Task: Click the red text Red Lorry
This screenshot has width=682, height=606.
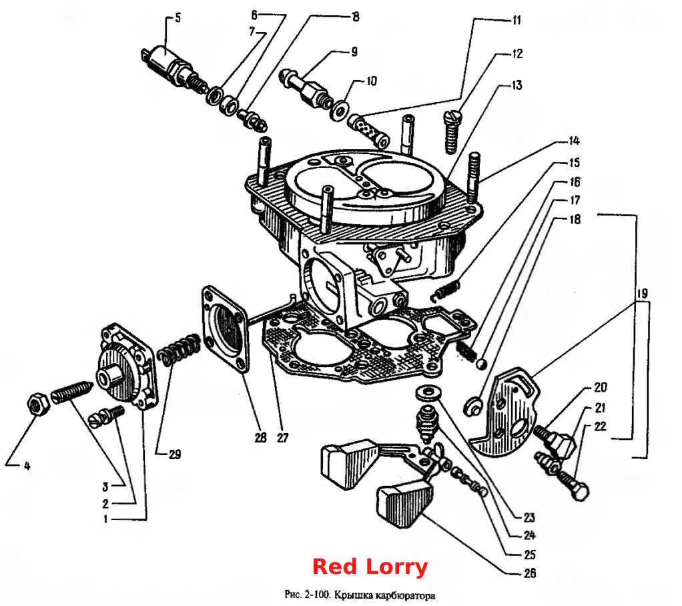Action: click(370, 567)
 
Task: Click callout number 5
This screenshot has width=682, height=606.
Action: click(178, 18)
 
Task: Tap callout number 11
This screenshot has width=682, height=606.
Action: click(517, 21)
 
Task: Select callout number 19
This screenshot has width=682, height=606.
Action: click(642, 294)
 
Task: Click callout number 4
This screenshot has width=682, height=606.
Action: click(27, 466)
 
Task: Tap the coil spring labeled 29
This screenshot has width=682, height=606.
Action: click(178, 348)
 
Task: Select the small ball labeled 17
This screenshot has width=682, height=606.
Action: click(482, 364)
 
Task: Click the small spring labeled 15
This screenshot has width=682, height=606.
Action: click(445, 290)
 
